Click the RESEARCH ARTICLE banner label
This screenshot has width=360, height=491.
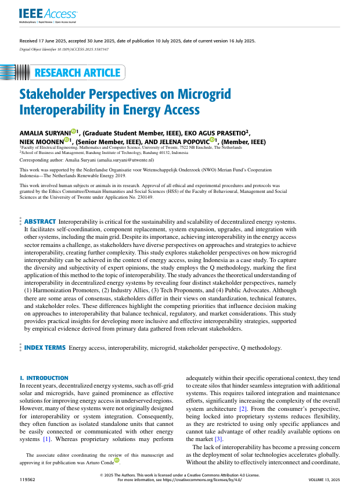(78, 73)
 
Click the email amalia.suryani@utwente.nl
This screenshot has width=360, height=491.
(125, 159)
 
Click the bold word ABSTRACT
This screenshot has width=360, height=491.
(40, 221)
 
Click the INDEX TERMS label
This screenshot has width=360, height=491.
(45, 347)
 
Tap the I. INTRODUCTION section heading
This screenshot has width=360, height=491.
(44, 378)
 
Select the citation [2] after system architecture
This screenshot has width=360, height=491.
(228, 408)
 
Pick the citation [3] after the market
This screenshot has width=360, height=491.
(218, 439)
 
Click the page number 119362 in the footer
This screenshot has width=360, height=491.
(27, 481)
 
